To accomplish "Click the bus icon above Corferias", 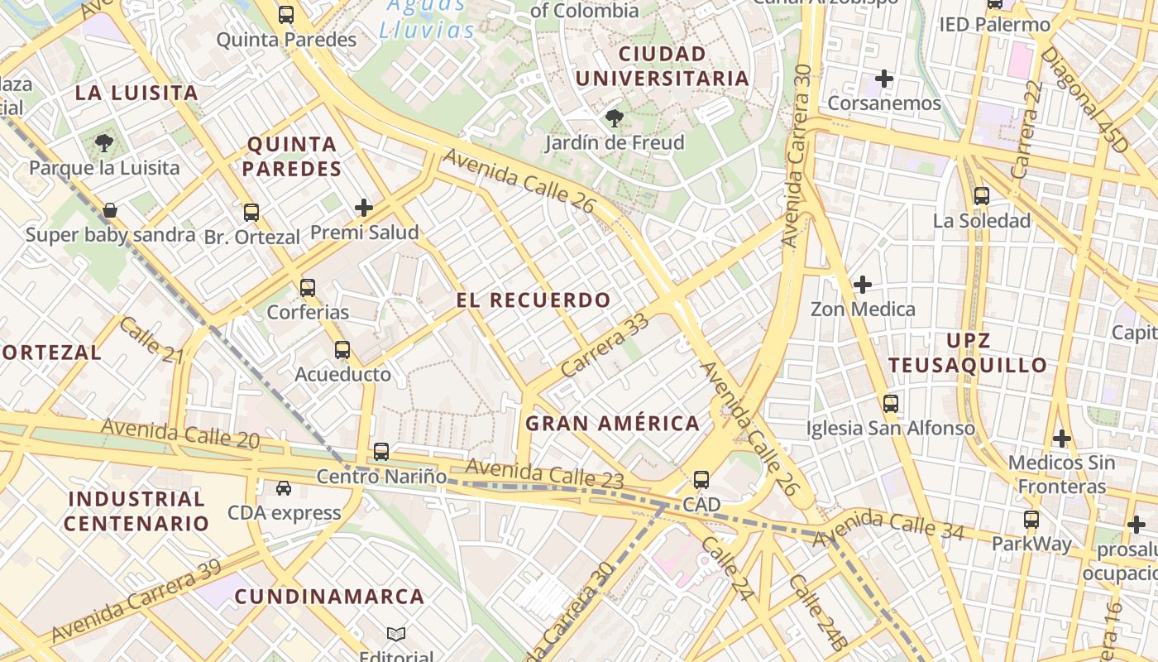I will click(x=308, y=288).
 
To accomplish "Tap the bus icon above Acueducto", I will click(x=342, y=350).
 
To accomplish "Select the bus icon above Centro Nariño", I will click(x=380, y=452).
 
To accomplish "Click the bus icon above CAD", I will click(x=701, y=479).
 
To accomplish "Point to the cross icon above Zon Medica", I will click(x=863, y=285).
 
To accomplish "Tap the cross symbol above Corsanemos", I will click(x=884, y=79).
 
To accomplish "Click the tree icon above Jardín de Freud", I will click(x=614, y=118).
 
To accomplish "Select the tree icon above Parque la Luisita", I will click(x=103, y=143).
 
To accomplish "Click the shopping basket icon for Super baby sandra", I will click(x=109, y=210).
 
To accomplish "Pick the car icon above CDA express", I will click(x=284, y=488).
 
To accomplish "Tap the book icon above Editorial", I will click(x=396, y=635).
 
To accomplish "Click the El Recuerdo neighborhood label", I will click(x=534, y=300).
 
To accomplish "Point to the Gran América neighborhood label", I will click(x=613, y=424).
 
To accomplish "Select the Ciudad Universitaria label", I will click(x=662, y=66).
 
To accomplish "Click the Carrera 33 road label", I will click(x=604, y=346).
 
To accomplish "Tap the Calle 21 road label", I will click(x=151, y=339).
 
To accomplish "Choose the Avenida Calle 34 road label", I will click(x=888, y=527).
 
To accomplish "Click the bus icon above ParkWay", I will click(x=1031, y=520).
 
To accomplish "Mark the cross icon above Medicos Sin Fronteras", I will click(x=1062, y=438).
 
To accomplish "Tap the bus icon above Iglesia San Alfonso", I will click(x=890, y=404).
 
